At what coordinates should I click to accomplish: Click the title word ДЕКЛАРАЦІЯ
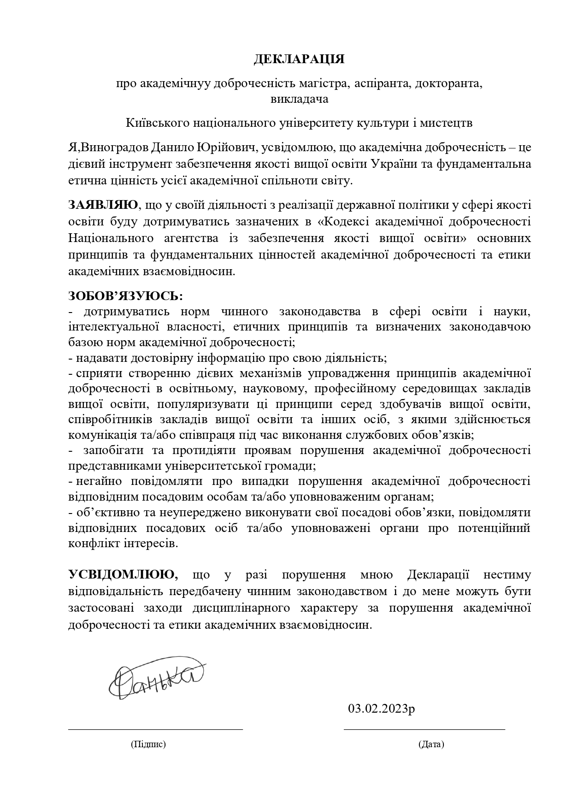click(x=300, y=59)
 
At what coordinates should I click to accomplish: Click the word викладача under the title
click(x=300, y=99)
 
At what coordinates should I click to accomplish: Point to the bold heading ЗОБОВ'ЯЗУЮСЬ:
click(x=125, y=295)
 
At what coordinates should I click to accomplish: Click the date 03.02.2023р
click(x=381, y=708)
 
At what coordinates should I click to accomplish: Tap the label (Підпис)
click(x=148, y=744)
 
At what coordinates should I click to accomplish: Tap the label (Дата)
click(x=431, y=744)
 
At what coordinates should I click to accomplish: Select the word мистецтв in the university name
click(x=450, y=124)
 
